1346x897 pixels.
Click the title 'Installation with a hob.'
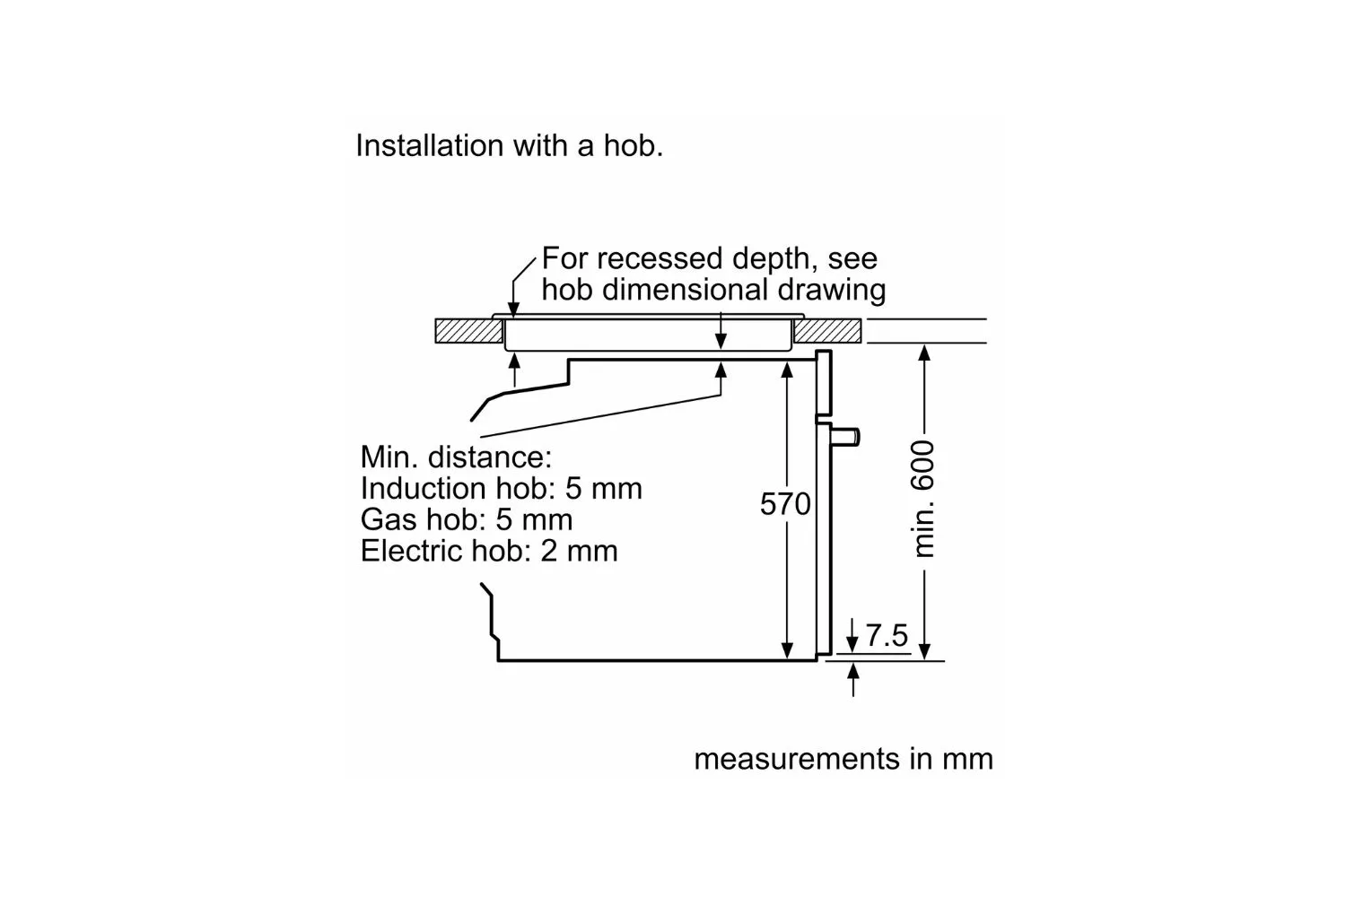coord(509,145)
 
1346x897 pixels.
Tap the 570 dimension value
coord(785,504)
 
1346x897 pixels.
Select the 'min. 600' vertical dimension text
coord(923,498)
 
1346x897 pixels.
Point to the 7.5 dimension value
coord(887,636)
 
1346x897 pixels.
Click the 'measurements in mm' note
coord(843,759)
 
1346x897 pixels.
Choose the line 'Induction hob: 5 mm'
coord(501,488)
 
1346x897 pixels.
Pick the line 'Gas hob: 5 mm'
coord(466,519)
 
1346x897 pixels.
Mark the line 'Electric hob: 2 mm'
coord(489,550)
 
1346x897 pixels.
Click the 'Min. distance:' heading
coord(456,457)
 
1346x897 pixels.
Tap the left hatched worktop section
coord(468,331)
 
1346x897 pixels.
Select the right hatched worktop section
coord(828,331)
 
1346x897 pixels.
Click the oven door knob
coord(848,437)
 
